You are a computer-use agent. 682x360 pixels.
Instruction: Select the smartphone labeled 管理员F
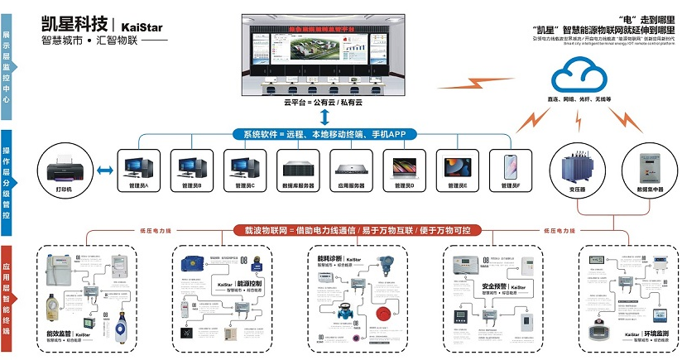pos(505,166)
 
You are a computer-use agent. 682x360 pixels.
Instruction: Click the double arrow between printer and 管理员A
pos(103,170)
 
